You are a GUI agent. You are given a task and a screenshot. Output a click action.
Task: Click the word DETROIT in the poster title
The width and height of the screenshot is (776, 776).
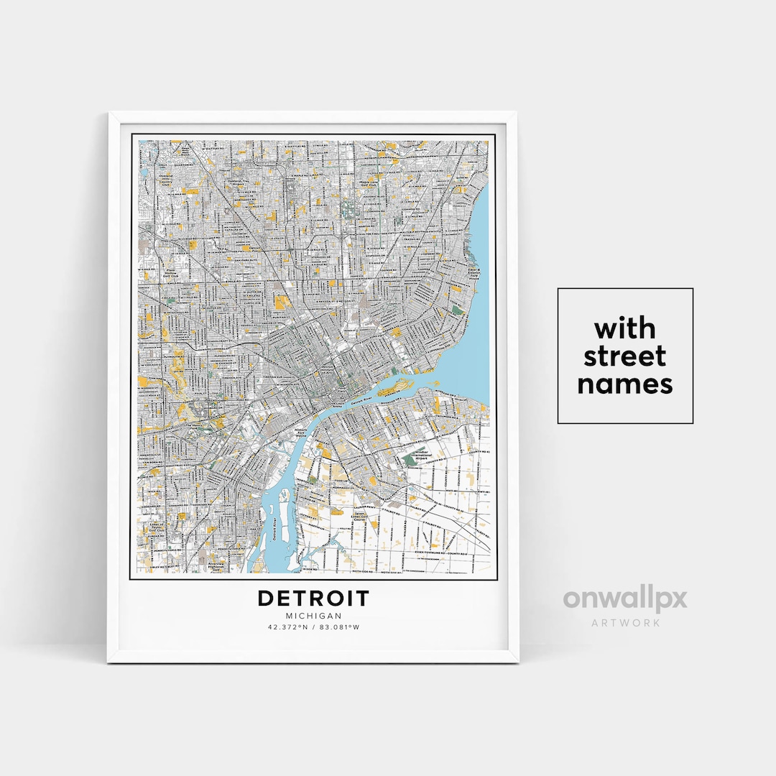pos(313,599)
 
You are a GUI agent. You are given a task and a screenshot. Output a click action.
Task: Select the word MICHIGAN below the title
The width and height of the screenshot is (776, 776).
pos(313,616)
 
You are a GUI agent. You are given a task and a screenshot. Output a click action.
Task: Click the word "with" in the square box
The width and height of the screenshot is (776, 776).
pos(624,329)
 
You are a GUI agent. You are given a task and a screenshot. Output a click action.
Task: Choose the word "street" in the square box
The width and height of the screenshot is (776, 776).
pos(624,356)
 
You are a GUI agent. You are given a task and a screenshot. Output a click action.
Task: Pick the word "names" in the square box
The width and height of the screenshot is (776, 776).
pos(624,384)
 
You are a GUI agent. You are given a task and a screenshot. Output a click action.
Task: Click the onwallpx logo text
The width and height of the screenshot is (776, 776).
pos(624,599)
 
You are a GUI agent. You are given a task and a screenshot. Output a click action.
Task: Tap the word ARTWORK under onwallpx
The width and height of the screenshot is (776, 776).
pos(625,622)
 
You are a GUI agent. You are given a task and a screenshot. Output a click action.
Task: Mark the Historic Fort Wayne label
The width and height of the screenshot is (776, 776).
pos(301,433)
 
